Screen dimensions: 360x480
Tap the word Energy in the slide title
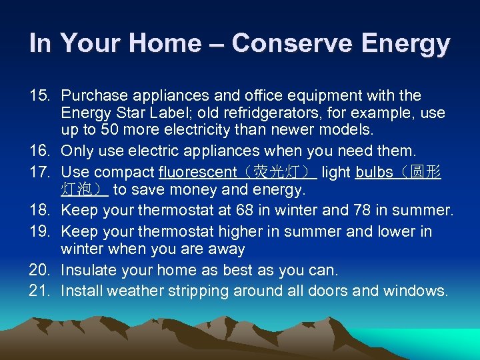coord(407,44)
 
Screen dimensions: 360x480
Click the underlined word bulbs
coord(375,173)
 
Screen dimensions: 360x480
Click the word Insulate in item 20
coord(88,271)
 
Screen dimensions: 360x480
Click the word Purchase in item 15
coord(91,96)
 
